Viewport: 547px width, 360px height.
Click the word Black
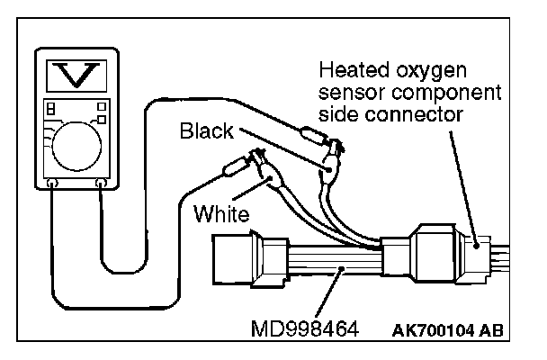point(206,131)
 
